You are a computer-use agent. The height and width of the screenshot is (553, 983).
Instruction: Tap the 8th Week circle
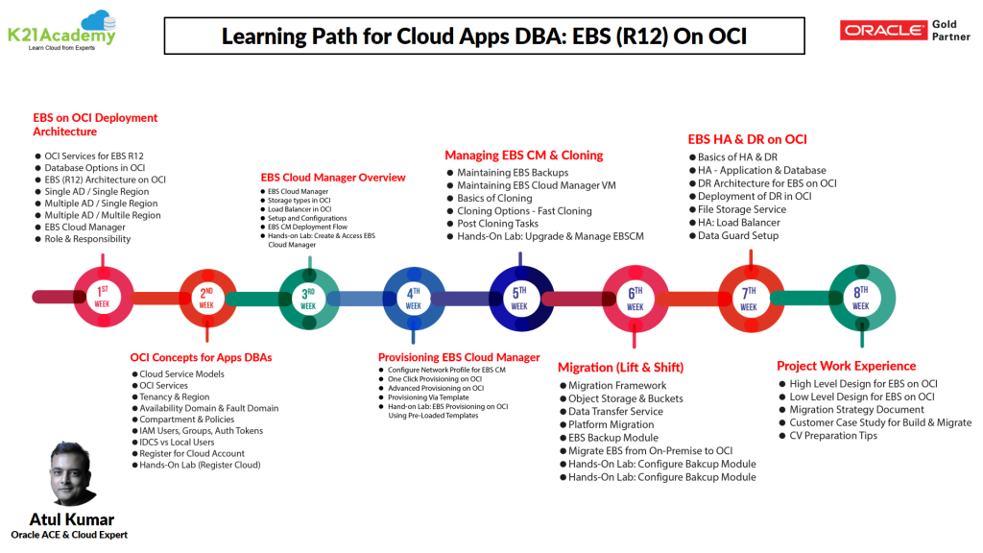[x=861, y=298]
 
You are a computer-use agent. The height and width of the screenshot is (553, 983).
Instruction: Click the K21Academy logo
[x=61, y=30]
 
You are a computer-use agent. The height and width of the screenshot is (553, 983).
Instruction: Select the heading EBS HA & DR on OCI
[x=747, y=139]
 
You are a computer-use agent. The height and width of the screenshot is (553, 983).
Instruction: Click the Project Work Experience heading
[x=846, y=366]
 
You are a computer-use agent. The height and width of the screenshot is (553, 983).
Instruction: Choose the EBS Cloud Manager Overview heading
[x=333, y=178]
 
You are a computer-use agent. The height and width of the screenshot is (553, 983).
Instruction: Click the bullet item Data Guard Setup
[x=737, y=236]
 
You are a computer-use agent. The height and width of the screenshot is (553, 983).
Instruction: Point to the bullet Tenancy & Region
[x=174, y=397]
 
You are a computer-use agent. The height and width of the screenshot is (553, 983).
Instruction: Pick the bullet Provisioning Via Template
[x=428, y=397]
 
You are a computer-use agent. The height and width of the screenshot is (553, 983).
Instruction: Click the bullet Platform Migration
[x=611, y=424]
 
